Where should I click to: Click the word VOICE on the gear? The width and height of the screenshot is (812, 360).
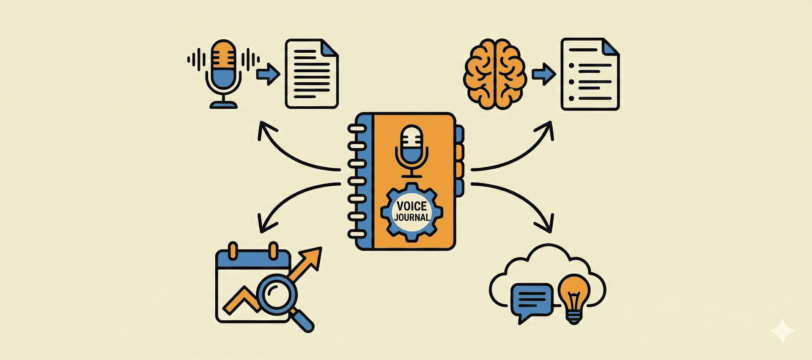[x=411, y=206]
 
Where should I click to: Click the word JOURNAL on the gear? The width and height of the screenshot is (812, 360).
[x=411, y=217]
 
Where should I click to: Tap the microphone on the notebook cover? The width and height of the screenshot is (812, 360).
[x=411, y=148]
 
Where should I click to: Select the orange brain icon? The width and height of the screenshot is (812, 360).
[x=495, y=74]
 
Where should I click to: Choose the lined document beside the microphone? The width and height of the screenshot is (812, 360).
[x=312, y=74]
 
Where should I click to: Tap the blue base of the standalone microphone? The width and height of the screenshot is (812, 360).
[x=223, y=104]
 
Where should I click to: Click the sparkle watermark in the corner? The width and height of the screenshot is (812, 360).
[x=782, y=330]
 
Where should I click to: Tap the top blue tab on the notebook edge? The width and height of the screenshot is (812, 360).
[x=459, y=135]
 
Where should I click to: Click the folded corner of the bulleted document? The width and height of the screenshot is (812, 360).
[x=611, y=47]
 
